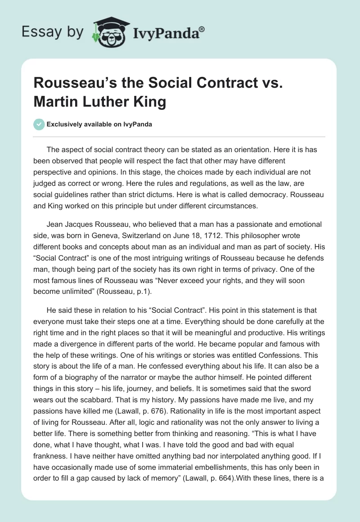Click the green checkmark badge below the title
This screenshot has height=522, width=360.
pyautogui.click(x=40, y=125)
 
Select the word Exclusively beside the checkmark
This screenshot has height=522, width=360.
pyautogui.click(x=65, y=125)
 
